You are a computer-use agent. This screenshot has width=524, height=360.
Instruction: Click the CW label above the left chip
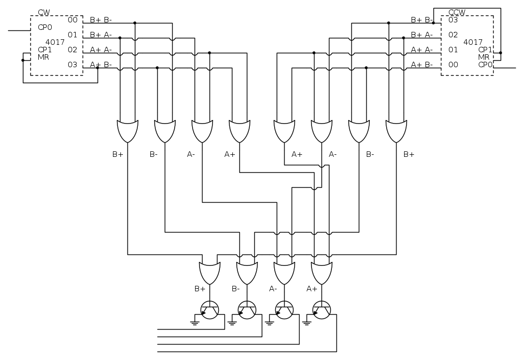click(44, 12)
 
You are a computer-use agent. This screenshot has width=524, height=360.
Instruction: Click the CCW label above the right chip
click(457, 12)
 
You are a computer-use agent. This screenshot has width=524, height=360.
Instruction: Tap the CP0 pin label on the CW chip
click(45, 27)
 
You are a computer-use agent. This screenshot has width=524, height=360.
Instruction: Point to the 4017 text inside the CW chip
click(55, 42)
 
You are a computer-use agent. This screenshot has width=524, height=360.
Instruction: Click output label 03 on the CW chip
click(73, 65)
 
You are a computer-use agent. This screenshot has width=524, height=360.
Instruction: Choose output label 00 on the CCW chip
click(452, 65)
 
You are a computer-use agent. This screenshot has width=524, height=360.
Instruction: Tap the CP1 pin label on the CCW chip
click(485, 50)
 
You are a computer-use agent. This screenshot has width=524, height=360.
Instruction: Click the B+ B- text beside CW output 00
click(101, 20)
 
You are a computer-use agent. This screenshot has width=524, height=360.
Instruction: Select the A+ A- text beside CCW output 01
click(421, 50)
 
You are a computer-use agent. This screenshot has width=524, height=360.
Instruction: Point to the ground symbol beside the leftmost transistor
click(195, 322)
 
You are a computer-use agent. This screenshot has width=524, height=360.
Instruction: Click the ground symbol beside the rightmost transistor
click(307, 322)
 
